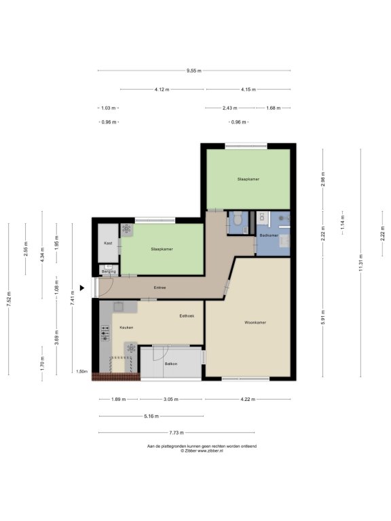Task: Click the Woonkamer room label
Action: coord(255,322)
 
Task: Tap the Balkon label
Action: coord(171,364)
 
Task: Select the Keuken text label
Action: coord(126,328)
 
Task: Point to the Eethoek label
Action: coord(187,316)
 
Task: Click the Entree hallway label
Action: coord(160,288)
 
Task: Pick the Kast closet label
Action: coord(108,244)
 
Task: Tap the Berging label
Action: coord(109,272)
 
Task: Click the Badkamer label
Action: coord(269,235)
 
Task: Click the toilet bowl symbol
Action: coord(238,218)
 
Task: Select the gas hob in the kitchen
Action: coord(105,333)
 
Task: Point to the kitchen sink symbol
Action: coord(118,307)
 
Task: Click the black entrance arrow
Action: coord(81,288)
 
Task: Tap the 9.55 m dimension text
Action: coord(194,71)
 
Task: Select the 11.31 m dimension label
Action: coord(360,263)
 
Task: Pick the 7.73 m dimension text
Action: coord(176,433)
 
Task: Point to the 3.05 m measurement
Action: coord(171,400)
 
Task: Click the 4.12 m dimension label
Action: coord(162,90)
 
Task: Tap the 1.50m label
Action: coord(81,372)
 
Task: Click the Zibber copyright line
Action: coord(202,451)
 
